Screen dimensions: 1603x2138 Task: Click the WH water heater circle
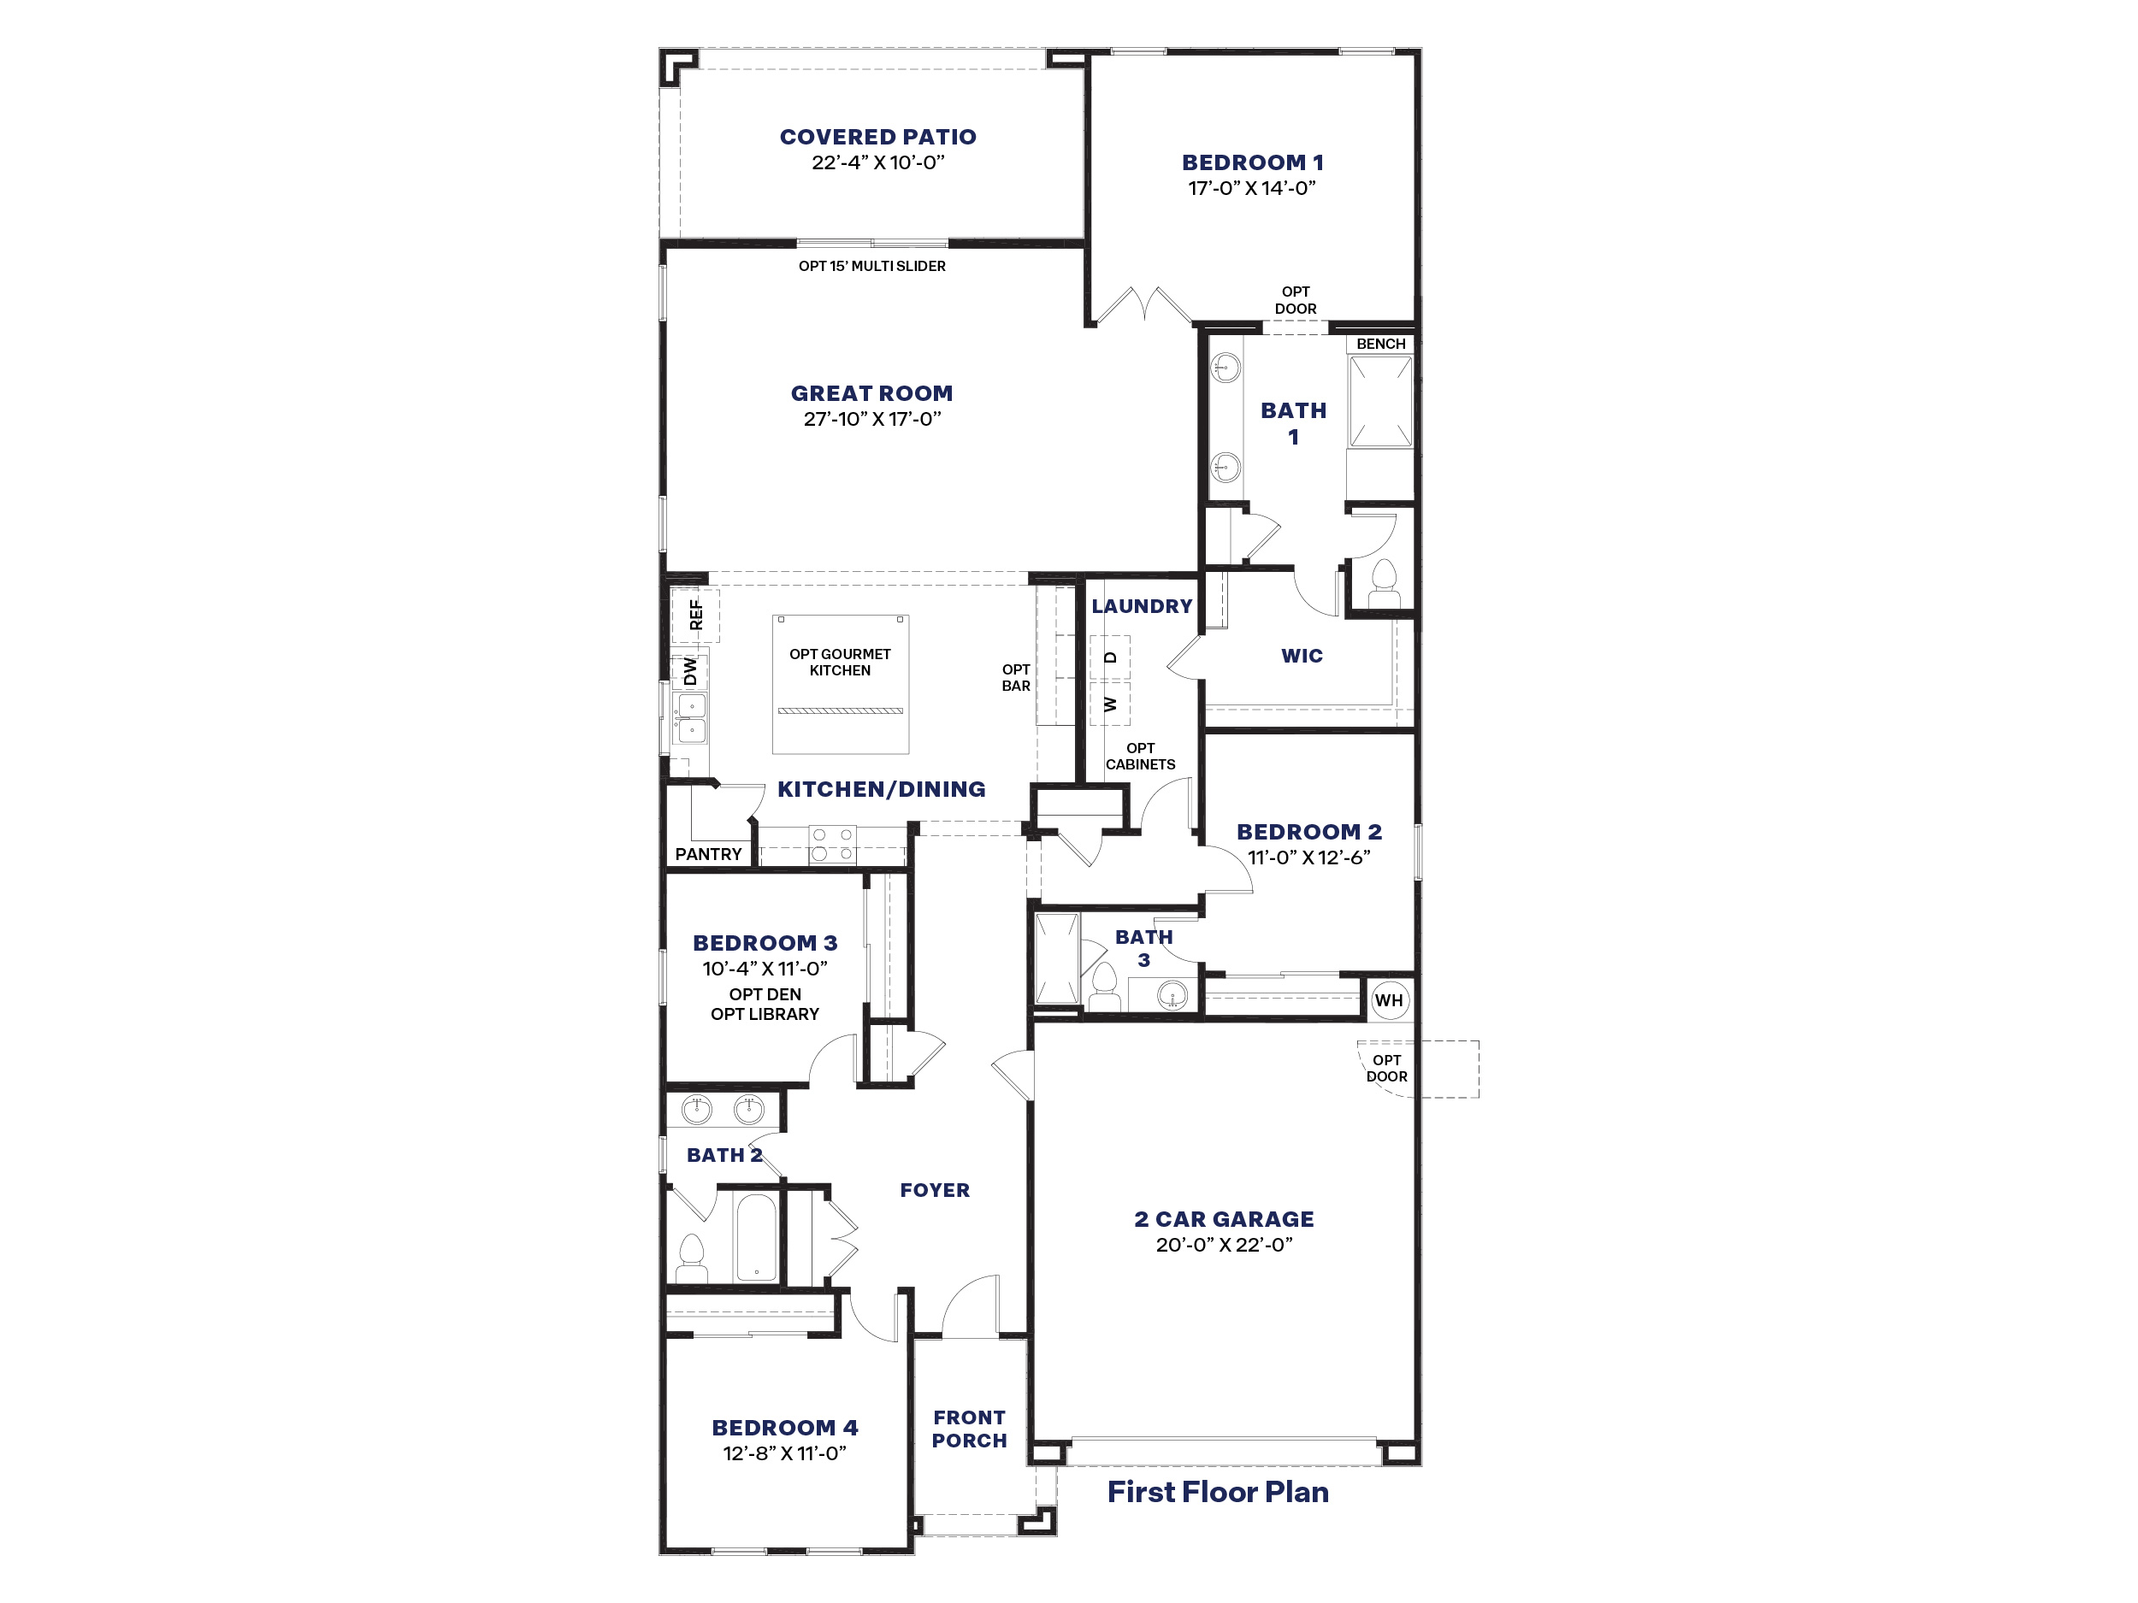pyautogui.click(x=1389, y=1000)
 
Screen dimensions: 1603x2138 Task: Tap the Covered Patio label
pyautogui.click(x=877, y=137)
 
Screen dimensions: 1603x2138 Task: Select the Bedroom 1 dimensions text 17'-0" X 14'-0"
pyautogui.click(x=1252, y=188)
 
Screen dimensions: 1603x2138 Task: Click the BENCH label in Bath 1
pyautogui.click(x=1380, y=344)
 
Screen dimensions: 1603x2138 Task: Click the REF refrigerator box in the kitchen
pyautogui.click(x=696, y=616)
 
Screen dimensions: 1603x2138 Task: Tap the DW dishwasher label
pyautogui.click(x=690, y=670)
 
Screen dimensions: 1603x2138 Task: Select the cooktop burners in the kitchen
pyautogui.click(x=832, y=845)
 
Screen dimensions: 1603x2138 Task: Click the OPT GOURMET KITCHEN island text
pyautogui.click(x=840, y=662)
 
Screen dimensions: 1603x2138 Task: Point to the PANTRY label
pyautogui.click(x=708, y=854)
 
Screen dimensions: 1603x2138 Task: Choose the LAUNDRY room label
pyautogui.click(x=1142, y=607)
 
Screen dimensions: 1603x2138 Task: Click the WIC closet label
pyautogui.click(x=1302, y=656)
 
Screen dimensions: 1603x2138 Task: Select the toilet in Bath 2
pyautogui.click(x=691, y=1257)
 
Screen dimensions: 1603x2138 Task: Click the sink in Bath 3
pyautogui.click(x=1172, y=993)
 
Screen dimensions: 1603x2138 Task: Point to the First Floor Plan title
pyautogui.click(x=1218, y=1492)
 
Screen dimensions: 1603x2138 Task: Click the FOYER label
pyautogui.click(x=935, y=1190)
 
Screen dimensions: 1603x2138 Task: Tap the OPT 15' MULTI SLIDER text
pyautogui.click(x=871, y=267)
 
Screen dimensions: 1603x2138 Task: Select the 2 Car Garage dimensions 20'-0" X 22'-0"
pyautogui.click(x=1224, y=1246)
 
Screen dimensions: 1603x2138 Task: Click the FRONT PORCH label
pyautogui.click(x=970, y=1429)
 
